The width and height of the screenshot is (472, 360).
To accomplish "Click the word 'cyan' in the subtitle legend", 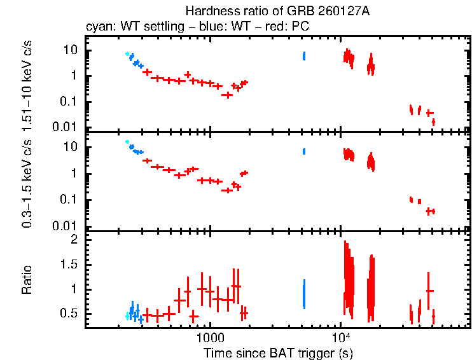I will click(x=97, y=27).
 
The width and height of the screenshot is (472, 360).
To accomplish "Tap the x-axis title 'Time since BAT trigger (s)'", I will click(x=278, y=352).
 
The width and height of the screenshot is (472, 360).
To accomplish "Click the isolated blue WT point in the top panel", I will click(x=304, y=56).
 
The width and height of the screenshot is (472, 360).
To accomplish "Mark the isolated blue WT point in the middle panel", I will click(x=304, y=151).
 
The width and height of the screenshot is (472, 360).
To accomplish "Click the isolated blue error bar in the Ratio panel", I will click(x=304, y=294).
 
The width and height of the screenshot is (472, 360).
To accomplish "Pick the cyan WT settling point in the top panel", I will click(x=127, y=54).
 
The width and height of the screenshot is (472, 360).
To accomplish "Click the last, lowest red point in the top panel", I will click(x=433, y=121).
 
